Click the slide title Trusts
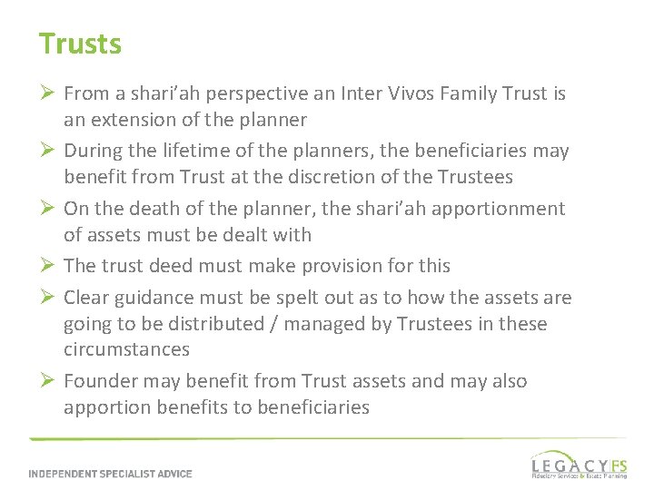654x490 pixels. pos(80,43)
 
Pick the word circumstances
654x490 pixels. pos(126,348)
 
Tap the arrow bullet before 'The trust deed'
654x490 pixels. pos(47,266)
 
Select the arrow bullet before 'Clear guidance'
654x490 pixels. pos(47,298)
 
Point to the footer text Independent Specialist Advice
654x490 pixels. pos(110,473)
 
